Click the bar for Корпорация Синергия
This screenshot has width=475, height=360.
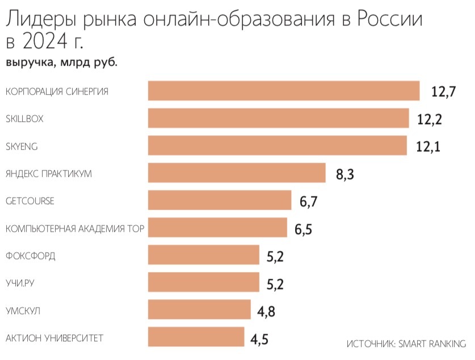[284, 91]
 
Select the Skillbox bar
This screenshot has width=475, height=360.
[278, 118]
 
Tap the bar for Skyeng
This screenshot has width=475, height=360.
[277, 146]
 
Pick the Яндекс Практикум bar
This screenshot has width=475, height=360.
[237, 173]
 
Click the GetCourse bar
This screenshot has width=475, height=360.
[220, 200]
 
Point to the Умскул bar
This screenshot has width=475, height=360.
[199, 310]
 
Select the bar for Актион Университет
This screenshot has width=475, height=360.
[196, 337]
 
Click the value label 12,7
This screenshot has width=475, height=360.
[444, 92]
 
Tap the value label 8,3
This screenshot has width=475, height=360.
[345, 174]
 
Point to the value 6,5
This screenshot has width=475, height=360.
[304, 229]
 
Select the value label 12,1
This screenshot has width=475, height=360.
[428, 147]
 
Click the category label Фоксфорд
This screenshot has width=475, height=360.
[30, 256]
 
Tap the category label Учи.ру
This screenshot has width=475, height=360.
[22, 283]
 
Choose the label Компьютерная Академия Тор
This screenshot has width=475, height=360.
[74, 229]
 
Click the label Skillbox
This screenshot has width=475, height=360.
[24, 119]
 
